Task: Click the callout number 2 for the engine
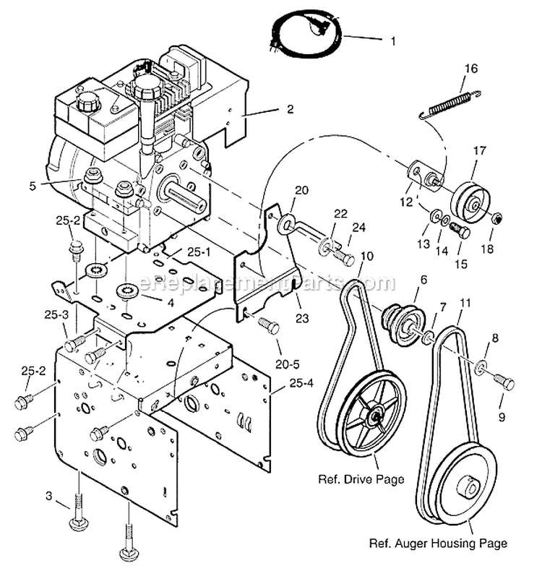[x=290, y=110]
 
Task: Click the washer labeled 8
[x=481, y=369]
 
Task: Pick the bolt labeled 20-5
[x=268, y=327]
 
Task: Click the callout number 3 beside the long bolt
[x=48, y=496]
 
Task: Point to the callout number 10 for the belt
[x=367, y=256]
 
